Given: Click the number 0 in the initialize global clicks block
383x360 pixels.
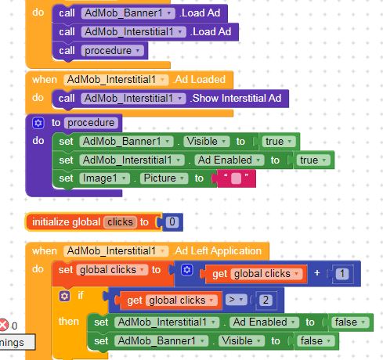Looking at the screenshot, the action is [172, 222].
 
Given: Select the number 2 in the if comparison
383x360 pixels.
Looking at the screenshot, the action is [266, 300].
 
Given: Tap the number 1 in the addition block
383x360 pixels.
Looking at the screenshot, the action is [342, 274].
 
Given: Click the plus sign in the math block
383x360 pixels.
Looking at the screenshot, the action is [317, 273].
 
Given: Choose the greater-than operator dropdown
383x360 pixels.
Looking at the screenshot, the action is [236, 300].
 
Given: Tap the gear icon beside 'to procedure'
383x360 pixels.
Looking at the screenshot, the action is [38, 123].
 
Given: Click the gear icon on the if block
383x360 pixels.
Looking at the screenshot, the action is [64, 296].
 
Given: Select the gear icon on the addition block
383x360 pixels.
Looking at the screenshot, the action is [187, 270].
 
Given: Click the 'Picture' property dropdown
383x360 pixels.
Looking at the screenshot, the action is [164, 178].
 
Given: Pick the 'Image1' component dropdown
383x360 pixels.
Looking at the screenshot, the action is [104, 178].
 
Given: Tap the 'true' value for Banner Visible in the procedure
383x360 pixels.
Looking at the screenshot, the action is [279, 142].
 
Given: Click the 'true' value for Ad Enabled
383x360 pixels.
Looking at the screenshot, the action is [313, 160].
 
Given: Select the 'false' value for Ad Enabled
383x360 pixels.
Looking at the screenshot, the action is [350, 322].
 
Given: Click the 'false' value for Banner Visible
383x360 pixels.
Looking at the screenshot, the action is [316, 340].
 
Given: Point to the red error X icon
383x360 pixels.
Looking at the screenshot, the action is [4, 326].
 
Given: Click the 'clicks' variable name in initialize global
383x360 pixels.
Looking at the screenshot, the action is [120, 222].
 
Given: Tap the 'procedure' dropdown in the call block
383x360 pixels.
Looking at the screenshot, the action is [112, 51].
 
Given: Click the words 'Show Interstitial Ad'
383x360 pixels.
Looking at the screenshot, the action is [237, 99].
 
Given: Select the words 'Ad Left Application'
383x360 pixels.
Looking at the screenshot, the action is [218, 251].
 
